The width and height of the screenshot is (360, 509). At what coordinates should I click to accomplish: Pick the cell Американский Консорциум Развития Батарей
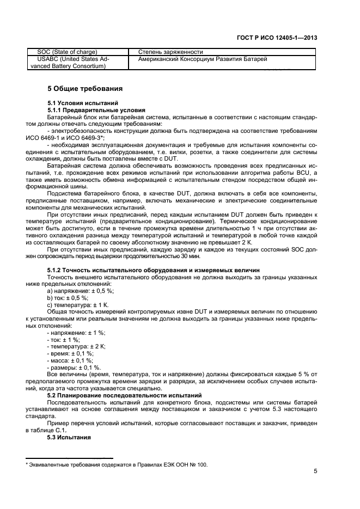click(x=203, y=59)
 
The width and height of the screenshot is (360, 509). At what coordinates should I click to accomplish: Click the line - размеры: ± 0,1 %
click(x=74, y=367)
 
